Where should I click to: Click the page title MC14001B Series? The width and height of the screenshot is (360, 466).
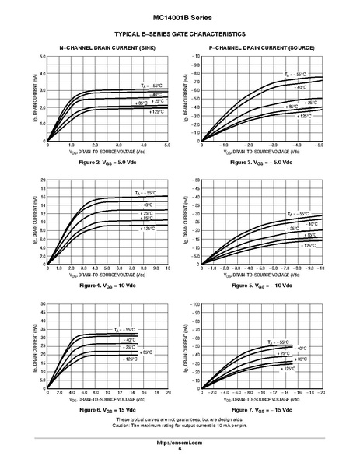pos(180,16)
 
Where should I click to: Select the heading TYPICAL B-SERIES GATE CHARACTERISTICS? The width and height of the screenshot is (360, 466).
pos(180,34)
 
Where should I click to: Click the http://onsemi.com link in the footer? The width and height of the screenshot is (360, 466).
pos(180,442)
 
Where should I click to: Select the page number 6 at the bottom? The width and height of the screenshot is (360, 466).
pos(180,449)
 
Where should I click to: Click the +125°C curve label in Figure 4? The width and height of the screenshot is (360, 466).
pos(149,229)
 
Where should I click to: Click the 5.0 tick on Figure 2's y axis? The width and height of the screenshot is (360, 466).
pos(42,58)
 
